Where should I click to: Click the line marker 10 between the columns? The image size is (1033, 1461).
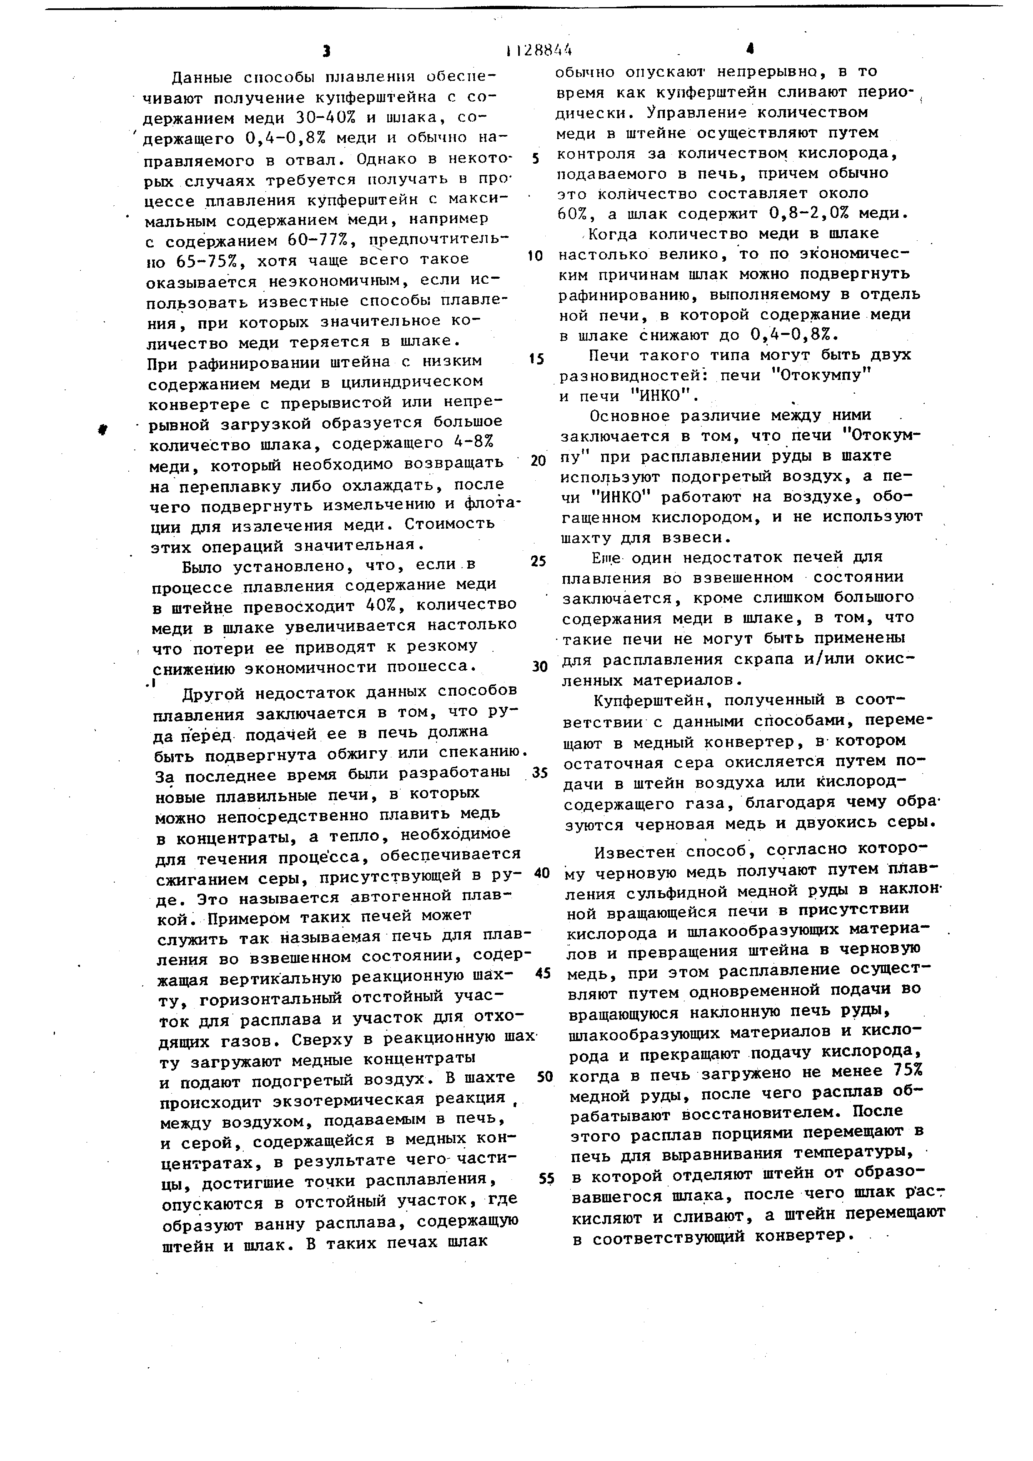pyautogui.click(x=536, y=256)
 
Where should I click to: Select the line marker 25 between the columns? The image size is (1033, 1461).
pyautogui.click(x=538, y=561)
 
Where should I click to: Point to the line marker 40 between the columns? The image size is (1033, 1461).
pyautogui.click(x=541, y=873)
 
